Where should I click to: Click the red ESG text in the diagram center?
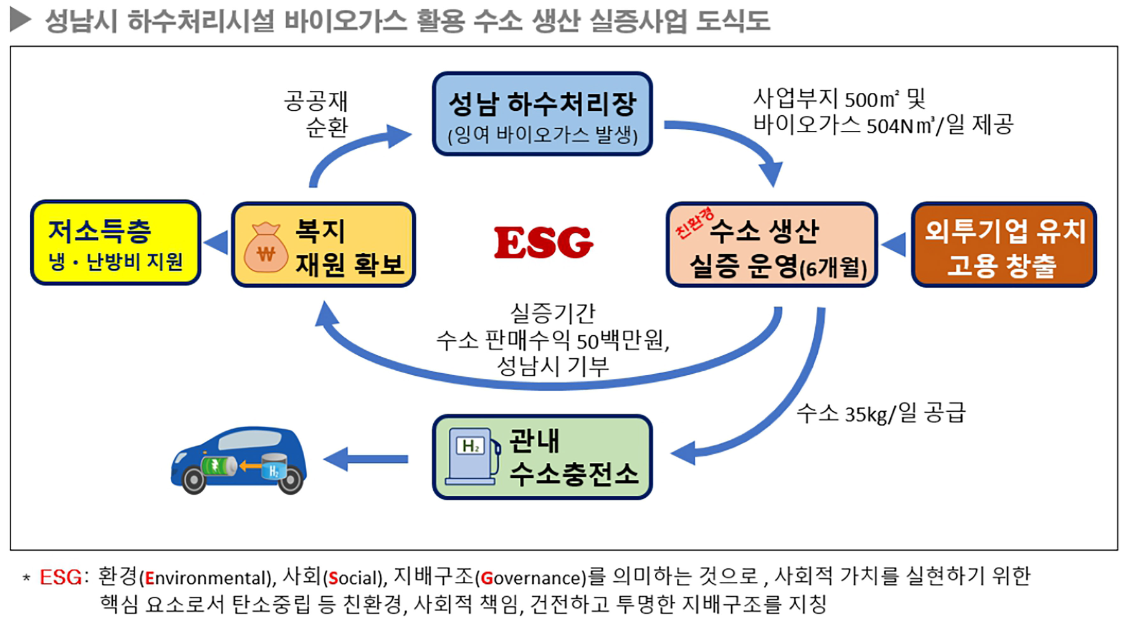[543, 242]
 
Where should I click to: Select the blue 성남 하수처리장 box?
[542, 114]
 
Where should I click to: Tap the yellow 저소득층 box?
[115, 243]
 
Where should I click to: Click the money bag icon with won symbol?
[266, 248]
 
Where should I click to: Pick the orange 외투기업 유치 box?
[1004, 245]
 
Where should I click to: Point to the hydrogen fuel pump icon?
[472, 456]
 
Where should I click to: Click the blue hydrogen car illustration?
[239, 460]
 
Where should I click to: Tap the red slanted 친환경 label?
[694, 223]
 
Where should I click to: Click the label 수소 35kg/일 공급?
[880, 413]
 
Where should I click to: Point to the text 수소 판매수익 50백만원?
[552, 340]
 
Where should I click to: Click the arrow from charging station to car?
[366, 460]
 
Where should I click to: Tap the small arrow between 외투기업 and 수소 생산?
[894, 244]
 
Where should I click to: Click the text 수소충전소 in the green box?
[573, 473]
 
